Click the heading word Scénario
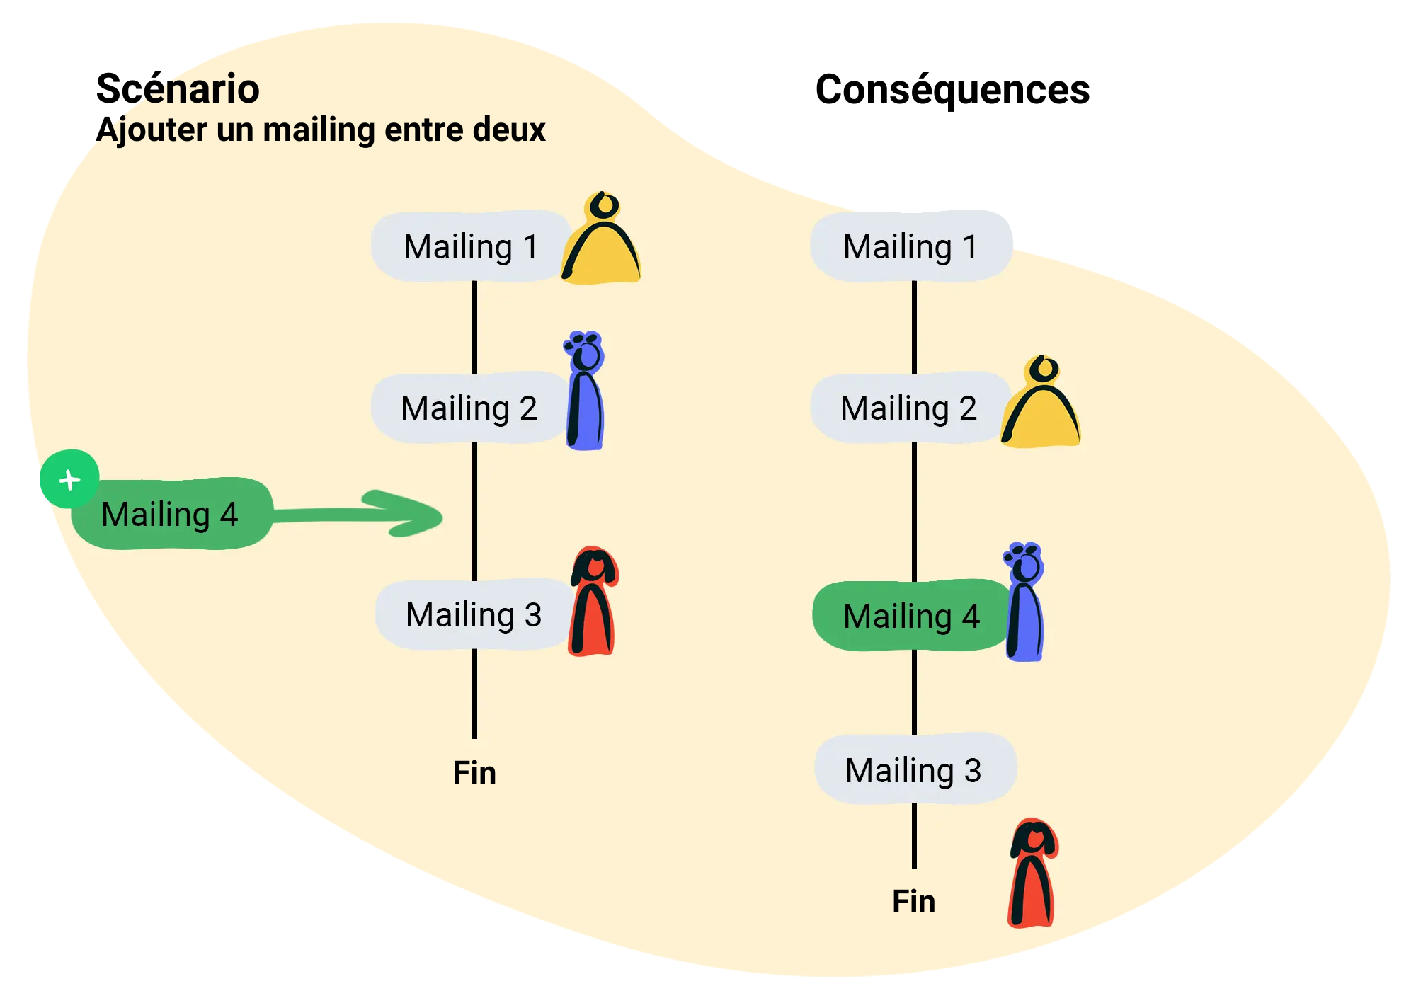tap(178, 89)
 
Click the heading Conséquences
tap(952, 90)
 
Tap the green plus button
tap(69, 479)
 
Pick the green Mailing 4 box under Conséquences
tap(911, 616)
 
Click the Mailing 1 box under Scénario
tap(470, 246)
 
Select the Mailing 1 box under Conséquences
tap(910, 246)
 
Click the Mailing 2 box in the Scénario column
tap(469, 408)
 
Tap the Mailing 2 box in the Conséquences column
tap(908, 408)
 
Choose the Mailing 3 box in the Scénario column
tap(473, 614)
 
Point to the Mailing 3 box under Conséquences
tap(914, 769)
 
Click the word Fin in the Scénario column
tap(474, 772)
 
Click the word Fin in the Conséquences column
tap(913, 901)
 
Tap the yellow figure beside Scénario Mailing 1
tap(602, 244)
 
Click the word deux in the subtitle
tap(508, 130)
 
